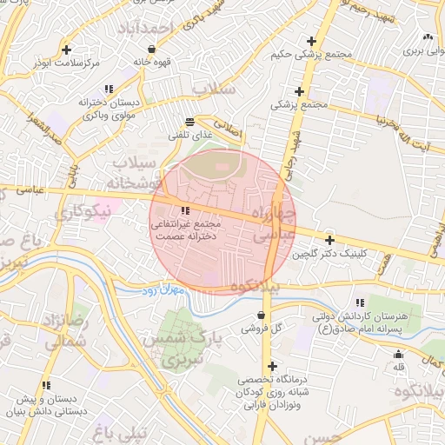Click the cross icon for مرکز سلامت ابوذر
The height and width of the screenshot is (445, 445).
click(67, 49)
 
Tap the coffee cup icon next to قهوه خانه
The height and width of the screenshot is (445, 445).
click(139, 49)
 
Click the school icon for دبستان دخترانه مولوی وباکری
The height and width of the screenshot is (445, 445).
click(109, 89)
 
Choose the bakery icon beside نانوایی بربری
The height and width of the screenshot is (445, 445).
click(427, 37)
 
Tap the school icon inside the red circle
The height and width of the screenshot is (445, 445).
click(185, 210)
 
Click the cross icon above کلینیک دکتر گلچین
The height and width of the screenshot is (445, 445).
click(329, 240)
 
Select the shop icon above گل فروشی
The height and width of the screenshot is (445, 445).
click(262, 315)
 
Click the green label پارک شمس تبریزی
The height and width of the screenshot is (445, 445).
click(183, 345)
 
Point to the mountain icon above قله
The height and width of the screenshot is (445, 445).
click(399, 354)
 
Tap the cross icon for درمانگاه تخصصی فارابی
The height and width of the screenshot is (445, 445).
click(273, 367)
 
